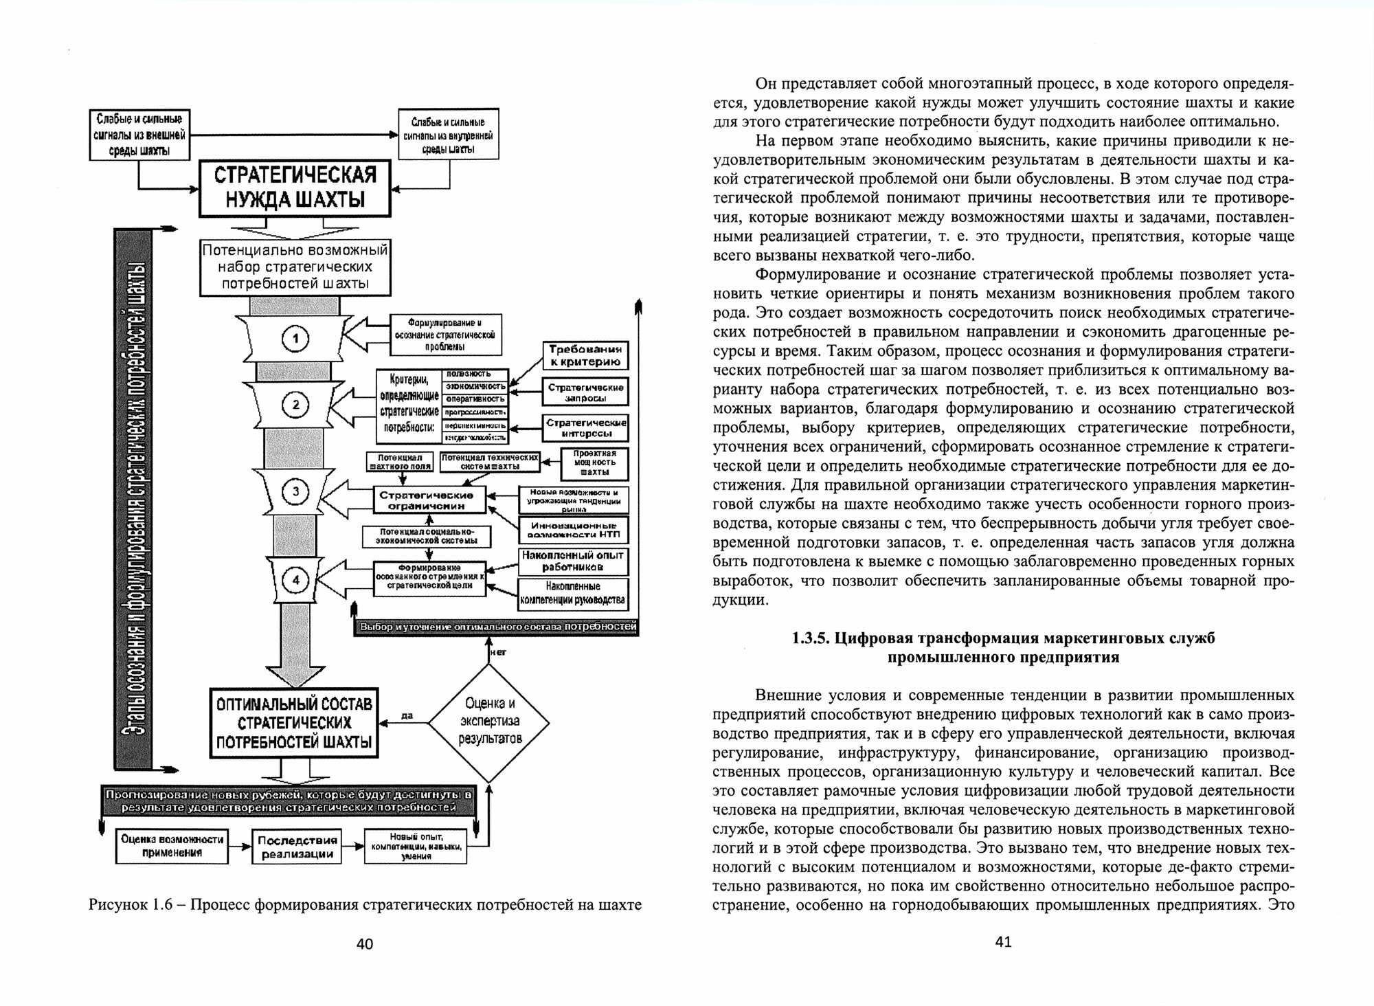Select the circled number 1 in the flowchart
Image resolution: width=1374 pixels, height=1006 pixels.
(296, 338)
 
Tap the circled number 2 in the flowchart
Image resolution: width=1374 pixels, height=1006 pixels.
(296, 405)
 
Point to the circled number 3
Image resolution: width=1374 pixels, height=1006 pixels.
(296, 491)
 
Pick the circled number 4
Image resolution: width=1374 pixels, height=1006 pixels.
(296, 581)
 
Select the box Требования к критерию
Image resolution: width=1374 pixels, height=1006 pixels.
(585, 355)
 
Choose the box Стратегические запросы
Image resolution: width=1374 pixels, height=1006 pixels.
(585, 392)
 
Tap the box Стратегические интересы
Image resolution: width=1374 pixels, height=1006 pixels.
(585, 427)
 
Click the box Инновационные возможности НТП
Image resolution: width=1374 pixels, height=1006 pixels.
(572, 529)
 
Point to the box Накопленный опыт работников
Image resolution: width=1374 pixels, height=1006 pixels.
(572, 561)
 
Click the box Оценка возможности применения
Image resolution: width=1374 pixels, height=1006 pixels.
(172, 846)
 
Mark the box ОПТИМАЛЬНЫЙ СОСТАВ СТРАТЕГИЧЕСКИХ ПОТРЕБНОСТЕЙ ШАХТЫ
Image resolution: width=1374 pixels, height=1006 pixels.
(294, 722)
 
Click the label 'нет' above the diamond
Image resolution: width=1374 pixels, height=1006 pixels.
(499, 652)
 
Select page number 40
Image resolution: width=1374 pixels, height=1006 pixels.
(365, 944)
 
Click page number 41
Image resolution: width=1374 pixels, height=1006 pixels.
(1003, 942)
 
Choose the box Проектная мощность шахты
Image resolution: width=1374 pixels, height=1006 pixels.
(594, 463)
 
